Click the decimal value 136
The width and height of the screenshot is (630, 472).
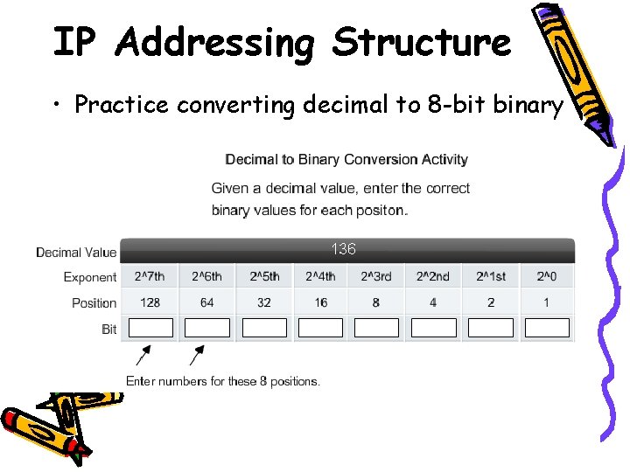343,249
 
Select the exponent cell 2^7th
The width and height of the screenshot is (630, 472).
150,276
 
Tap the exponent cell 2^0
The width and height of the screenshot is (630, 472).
547,276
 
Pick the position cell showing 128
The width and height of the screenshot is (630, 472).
150,302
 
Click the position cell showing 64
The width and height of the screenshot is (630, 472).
206,302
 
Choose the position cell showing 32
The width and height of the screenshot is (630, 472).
263,302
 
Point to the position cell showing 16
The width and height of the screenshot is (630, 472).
320,302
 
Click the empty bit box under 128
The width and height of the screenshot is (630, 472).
150,328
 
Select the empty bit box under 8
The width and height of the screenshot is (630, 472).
376,328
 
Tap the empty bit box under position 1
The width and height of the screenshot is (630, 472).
547,328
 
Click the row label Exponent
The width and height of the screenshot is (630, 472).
89,277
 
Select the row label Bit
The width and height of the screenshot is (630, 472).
108,330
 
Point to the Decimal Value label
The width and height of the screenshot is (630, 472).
76,253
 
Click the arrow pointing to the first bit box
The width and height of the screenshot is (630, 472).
142,357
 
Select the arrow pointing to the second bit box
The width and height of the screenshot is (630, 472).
197,357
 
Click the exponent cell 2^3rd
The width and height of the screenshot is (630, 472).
376,276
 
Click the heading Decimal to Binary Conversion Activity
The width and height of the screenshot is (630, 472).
346,159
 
